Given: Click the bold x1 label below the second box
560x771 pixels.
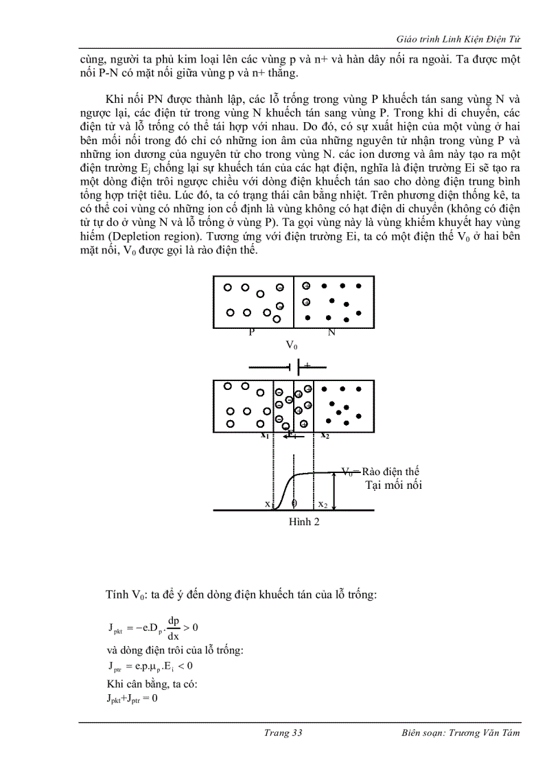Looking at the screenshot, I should (x=264, y=435).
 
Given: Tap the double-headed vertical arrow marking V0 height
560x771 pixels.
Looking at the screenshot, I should (x=334, y=490).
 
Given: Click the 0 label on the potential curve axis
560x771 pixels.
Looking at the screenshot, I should (x=294, y=503).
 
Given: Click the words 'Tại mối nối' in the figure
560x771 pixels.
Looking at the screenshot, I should (x=393, y=485).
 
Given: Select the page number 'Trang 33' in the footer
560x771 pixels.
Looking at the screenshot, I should (x=283, y=733).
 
